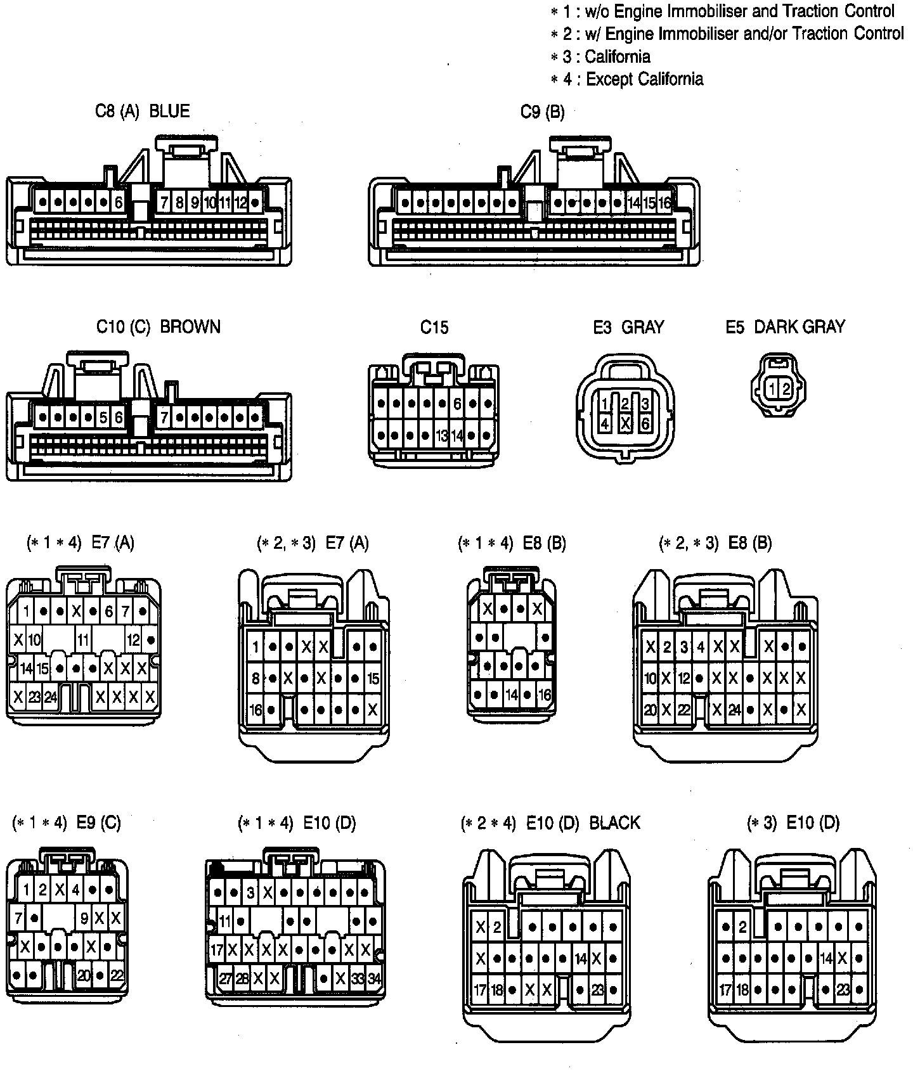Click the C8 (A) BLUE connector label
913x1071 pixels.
[x=142, y=111]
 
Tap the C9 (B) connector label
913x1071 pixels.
[x=542, y=112]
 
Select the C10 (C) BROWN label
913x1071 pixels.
[x=159, y=327]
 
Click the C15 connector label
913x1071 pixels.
[x=434, y=328]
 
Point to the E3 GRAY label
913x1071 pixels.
[x=628, y=327]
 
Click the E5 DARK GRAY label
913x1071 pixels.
[x=785, y=327]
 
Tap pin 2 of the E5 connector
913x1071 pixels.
[x=786, y=388]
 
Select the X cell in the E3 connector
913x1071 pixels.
[x=625, y=424]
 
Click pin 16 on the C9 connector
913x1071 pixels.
[x=664, y=203]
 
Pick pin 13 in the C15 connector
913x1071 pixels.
[x=442, y=436]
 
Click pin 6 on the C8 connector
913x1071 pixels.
[x=119, y=203]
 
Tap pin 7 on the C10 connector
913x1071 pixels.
[x=164, y=418]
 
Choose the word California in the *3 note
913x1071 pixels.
[x=617, y=57]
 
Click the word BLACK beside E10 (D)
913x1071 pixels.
[x=614, y=823]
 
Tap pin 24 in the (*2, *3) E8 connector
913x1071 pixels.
[x=734, y=710]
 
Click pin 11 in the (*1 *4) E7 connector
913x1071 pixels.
[x=83, y=639]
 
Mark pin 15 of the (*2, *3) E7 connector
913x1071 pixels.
[x=373, y=679]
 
